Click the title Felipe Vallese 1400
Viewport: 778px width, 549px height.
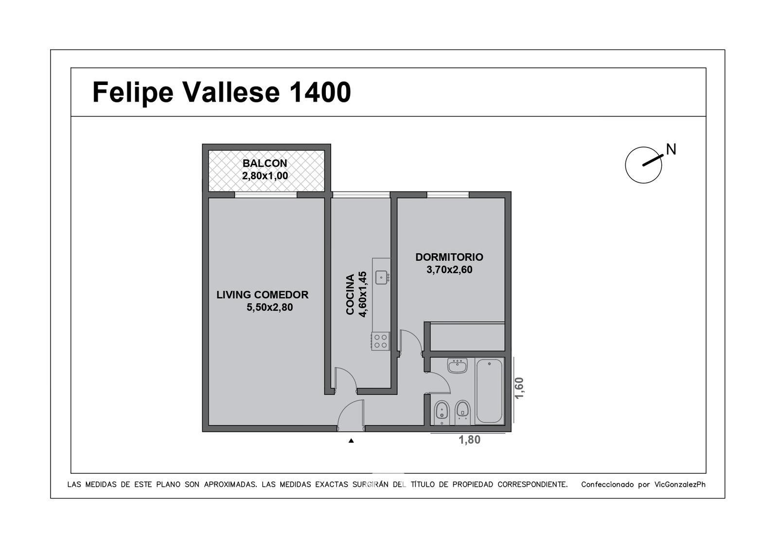point(222,93)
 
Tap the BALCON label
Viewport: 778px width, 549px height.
point(265,163)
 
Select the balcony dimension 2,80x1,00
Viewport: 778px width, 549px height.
point(265,176)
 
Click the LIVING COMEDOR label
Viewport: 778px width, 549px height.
point(262,294)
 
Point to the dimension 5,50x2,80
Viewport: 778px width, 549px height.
point(269,308)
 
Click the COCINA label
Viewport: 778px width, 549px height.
point(350,294)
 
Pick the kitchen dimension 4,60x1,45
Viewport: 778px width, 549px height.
point(362,294)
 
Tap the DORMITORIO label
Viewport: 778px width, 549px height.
point(449,257)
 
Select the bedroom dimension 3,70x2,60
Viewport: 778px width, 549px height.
point(449,270)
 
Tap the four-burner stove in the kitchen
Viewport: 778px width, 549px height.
point(381,342)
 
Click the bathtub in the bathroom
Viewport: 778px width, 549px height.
point(489,391)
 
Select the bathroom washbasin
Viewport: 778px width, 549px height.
point(458,366)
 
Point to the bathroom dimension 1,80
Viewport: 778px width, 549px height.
point(470,440)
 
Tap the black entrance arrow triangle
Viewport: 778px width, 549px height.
point(351,441)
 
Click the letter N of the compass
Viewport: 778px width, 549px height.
point(671,150)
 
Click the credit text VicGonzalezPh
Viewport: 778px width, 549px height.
point(680,484)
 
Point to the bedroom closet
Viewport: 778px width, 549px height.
point(467,337)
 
